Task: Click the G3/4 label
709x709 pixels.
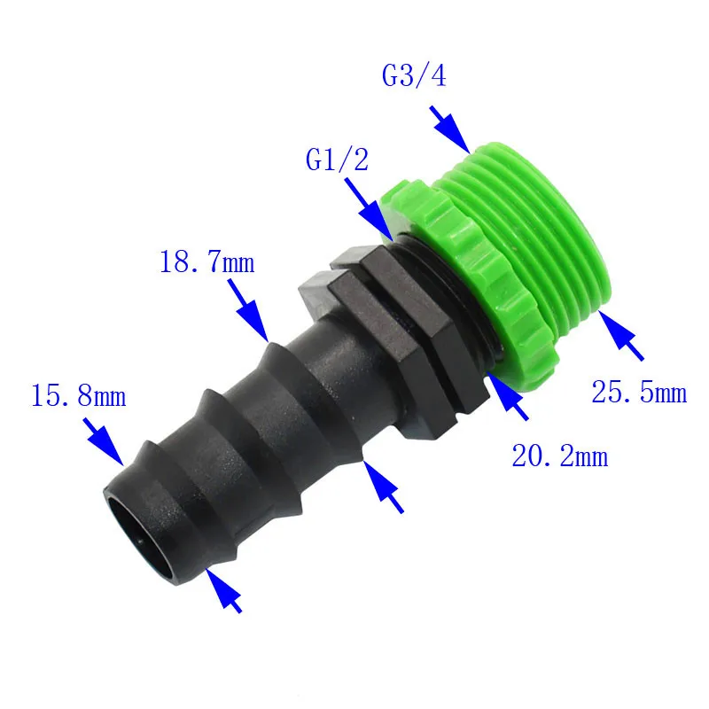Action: point(414,75)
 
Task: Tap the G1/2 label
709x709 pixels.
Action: point(337,160)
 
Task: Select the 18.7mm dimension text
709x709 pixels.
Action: point(207,261)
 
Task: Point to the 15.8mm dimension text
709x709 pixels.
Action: point(78,395)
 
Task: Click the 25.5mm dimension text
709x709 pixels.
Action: point(639,392)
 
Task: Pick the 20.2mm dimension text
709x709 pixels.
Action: point(560,456)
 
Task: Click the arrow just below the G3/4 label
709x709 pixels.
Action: point(450,129)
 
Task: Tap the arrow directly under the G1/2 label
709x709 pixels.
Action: point(369,209)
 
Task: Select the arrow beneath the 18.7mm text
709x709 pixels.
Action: point(248,310)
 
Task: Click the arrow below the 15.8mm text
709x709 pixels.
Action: point(104,441)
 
